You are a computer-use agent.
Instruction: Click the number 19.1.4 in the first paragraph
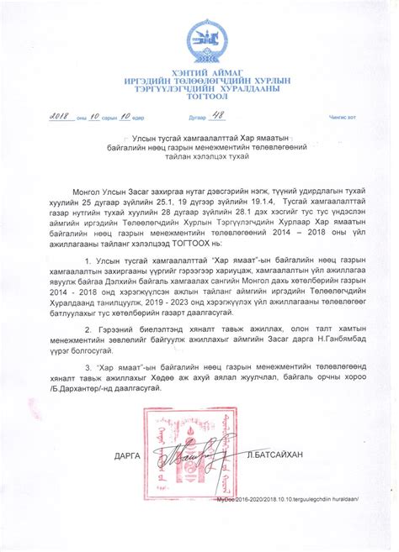pyautogui.click(x=234, y=203)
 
